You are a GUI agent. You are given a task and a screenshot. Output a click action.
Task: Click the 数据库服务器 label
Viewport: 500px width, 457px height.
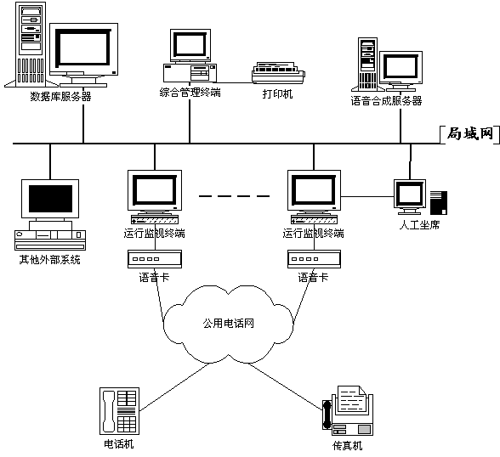[x=60, y=96]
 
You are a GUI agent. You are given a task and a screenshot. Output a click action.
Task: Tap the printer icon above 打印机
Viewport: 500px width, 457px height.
[x=278, y=73]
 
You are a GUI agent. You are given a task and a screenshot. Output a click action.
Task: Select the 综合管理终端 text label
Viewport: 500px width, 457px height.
[x=190, y=93]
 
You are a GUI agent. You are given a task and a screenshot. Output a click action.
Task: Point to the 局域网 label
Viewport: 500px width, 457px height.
[x=470, y=133]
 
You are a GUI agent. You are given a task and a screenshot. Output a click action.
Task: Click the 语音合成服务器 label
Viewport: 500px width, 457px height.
[x=386, y=100]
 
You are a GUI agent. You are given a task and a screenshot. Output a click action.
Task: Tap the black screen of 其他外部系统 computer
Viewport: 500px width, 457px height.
[x=50, y=199]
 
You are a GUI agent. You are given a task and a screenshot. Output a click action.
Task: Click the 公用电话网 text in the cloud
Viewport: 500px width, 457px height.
[x=228, y=324]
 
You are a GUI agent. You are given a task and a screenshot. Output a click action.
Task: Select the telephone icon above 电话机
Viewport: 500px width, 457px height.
[x=119, y=411]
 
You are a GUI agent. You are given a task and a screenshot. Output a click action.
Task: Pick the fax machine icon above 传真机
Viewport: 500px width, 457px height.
[x=348, y=411]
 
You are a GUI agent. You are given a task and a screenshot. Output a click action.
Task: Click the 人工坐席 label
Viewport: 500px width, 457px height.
[x=419, y=225]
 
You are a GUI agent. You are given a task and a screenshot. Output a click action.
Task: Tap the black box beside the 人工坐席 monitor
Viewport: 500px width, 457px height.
[x=439, y=203]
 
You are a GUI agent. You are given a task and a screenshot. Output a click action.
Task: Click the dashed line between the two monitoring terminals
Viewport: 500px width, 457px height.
[x=235, y=196]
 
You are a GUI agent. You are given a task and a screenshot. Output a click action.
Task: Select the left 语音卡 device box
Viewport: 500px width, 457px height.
[x=155, y=259]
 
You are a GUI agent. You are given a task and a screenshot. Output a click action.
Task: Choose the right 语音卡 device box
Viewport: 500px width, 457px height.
[x=314, y=259]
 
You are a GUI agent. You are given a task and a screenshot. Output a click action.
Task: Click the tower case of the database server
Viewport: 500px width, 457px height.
[x=31, y=44]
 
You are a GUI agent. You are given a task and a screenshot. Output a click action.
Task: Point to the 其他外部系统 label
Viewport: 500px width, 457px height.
[x=49, y=260]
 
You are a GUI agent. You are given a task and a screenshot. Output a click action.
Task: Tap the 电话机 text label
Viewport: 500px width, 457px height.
[x=119, y=444]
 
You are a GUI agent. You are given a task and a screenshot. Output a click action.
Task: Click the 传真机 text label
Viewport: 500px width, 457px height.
[x=347, y=446]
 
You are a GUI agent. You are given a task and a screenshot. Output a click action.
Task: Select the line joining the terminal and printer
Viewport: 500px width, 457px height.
[x=235, y=82]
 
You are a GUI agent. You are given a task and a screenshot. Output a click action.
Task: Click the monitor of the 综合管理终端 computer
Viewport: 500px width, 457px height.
[x=190, y=45]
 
